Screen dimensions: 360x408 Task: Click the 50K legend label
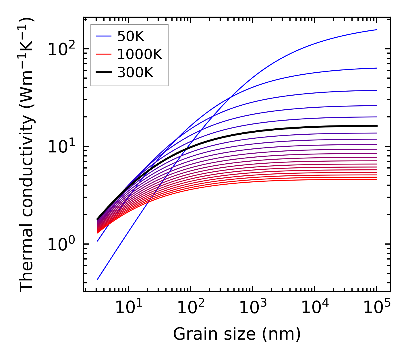pos(131,36)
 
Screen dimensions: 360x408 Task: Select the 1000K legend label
pos(140,54)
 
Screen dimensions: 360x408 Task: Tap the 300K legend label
pos(135,73)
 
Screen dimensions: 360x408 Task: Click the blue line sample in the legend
pos(103,36)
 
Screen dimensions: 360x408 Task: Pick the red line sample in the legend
pos(103,54)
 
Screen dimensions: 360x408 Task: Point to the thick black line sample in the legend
pos(103,73)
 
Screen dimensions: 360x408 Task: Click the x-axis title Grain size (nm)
pos(237,334)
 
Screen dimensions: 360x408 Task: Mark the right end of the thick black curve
pos(377,126)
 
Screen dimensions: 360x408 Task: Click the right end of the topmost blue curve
pos(377,30)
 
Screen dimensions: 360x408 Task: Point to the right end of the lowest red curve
pos(377,179)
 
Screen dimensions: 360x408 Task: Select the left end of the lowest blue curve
pos(98,279)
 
